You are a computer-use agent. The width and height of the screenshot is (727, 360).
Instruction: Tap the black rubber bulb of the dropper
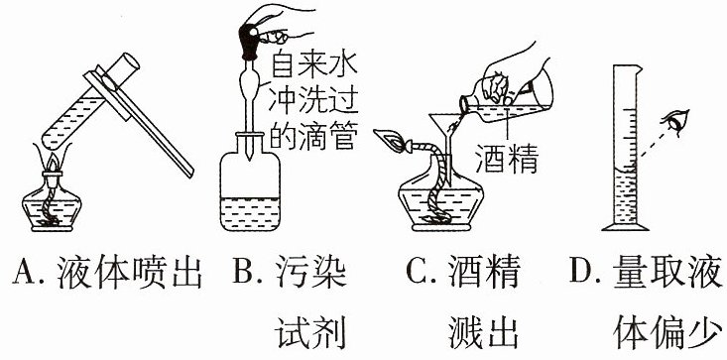pyautogui.click(x=250, y=42)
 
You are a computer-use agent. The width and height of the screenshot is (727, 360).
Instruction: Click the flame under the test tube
pyautogui.click(x=53, y=162)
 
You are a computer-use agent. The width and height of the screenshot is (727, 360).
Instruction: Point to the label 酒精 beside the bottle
pyautogui.click(x=506, y=159)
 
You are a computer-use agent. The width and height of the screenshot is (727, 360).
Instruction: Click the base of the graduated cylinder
pyautogui.click(x=625, y=226)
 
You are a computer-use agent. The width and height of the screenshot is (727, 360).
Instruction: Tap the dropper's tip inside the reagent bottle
pyautogui.click(x=250, y=156)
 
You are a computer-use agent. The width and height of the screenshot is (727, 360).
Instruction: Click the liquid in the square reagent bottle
pyautogui.click(x=250, y=213)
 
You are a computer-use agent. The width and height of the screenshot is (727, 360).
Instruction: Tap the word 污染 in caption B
pyautogui.click(x=310, y=272)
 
